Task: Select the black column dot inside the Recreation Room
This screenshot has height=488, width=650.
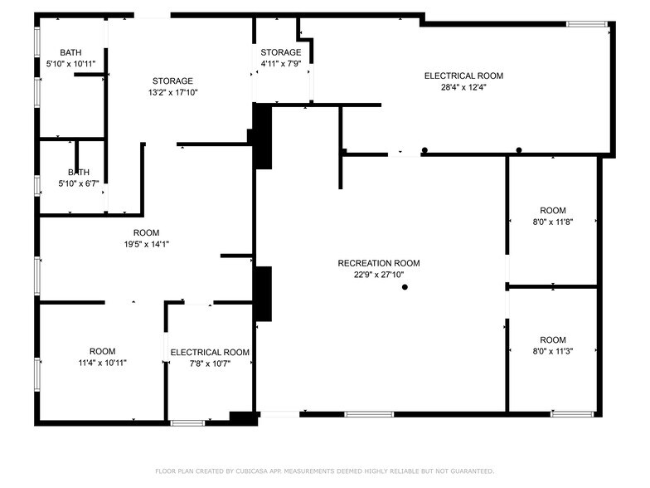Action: [405, 287]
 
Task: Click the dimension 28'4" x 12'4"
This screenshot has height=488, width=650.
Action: [463, 87]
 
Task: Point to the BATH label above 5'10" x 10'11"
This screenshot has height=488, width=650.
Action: [70, 52]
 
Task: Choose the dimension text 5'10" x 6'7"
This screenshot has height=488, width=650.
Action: [70, 183]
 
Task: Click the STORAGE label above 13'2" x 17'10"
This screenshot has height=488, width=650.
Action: [172, 81]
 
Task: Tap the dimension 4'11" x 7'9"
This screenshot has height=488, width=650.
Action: [281, 63]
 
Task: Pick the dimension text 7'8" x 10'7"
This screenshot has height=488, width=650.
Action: [210, 364]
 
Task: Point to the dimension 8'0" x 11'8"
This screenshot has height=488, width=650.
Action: [553, 222]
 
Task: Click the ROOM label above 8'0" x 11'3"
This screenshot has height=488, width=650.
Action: [553, 339]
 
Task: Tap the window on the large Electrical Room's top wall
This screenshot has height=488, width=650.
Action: [587, 24]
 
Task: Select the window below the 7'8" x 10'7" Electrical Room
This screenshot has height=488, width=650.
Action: [187, 423]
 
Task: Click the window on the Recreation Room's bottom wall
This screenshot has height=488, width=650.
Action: [369, 413]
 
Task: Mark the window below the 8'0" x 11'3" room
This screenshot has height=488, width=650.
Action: [572, 413]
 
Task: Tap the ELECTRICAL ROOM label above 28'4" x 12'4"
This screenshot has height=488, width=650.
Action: [463, 76]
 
